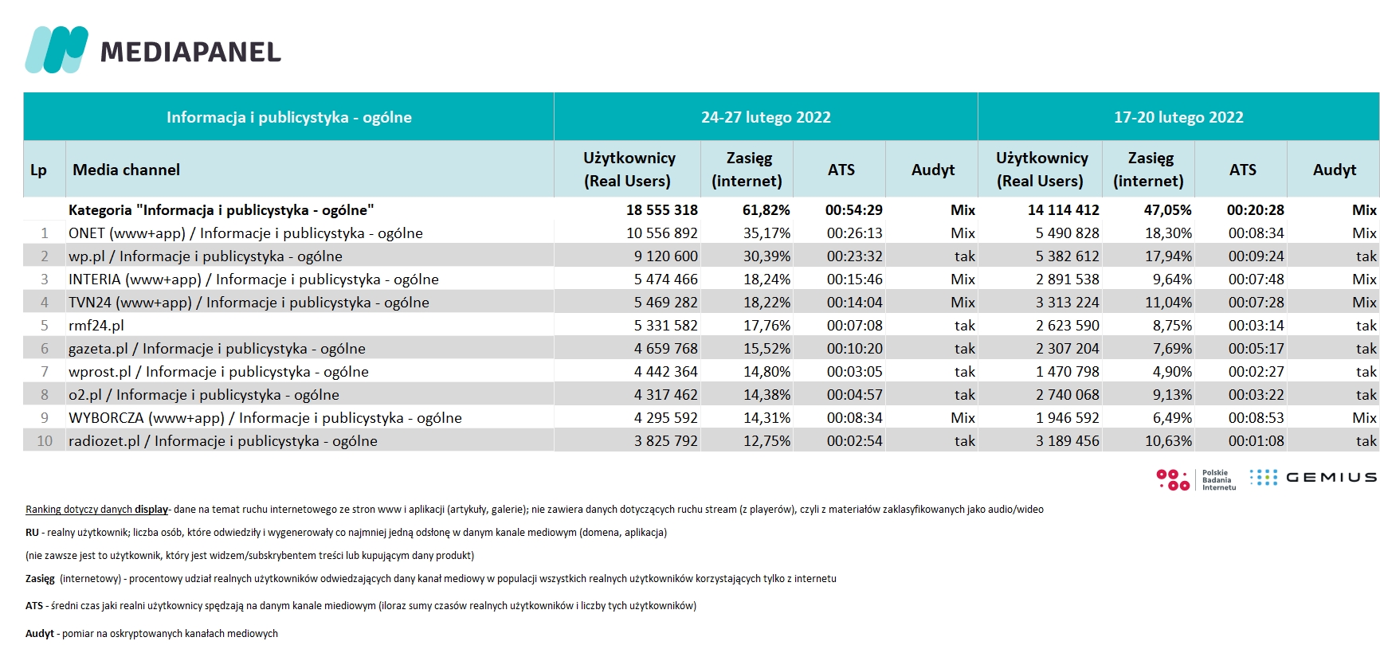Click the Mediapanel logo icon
tap(57, 50)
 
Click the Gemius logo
tap(1312, 477)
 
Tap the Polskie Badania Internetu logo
tap(1196, 479)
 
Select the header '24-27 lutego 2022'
tap(766, 117)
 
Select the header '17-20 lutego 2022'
tap(1178, 117)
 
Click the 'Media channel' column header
tap(126, 170)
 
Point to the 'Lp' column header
tap(38, 170)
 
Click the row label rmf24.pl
tap(96, 326)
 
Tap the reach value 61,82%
tap(766, 210)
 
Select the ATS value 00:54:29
tap(854, 210)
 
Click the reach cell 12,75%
tap(767, 441)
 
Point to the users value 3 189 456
tap(1068, 441)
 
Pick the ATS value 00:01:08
tap(1257, 441)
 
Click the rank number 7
tap(45, 372)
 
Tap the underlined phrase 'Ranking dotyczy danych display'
tap(97, 510)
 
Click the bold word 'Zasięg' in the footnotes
tap(40, 579)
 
